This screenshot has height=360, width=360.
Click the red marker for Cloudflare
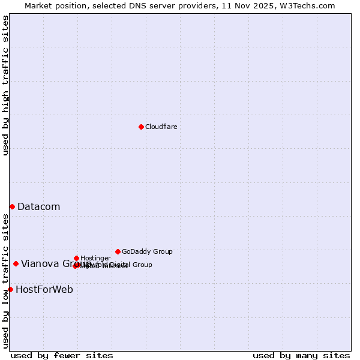[x=141, y=127]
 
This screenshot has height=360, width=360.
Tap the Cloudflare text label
[x=161, y=127]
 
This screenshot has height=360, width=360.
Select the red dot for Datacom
[x=12, y=206]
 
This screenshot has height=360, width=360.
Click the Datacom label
[x=38, y=207]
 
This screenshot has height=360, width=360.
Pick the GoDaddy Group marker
[x=118, y=251]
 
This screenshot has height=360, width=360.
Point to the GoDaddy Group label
[x=147, y=252]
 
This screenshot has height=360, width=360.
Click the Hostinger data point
[x=76, y=258]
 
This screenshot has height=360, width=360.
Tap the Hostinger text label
[x=95, y=259]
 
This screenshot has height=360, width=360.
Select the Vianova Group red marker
[x=16, y=263]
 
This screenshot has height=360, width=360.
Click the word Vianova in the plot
[x=40, y=264]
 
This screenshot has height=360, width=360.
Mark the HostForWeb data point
[x=10, y=289]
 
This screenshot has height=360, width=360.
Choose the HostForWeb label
[x=44, y=290]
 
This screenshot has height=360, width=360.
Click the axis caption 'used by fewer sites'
[x=62, y=355]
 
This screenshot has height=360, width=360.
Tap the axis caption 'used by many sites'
[x=301, y=355]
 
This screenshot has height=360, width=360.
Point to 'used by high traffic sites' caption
[x=6, y=85]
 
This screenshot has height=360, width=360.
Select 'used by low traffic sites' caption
[x=6, y=281]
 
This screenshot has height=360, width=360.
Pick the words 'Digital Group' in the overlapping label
[x=131, y=265]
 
